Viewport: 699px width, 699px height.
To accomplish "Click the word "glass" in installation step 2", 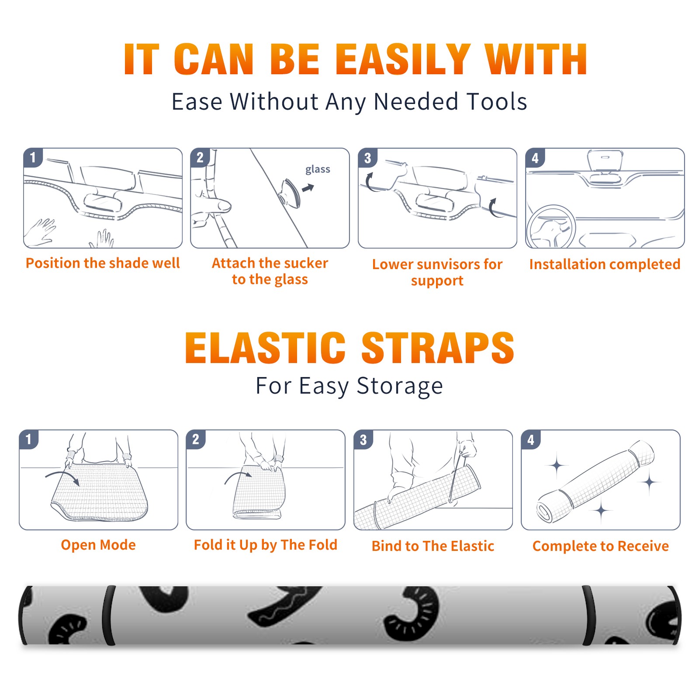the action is [318, 170].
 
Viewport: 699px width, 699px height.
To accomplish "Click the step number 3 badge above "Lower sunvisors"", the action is [367, 158].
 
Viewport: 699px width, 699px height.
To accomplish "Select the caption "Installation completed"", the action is [605, 264].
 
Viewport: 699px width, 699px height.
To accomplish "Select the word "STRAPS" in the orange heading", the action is [438, 348].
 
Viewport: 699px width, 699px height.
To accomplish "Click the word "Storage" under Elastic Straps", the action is [400, 387].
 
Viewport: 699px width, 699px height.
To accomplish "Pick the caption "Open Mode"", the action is [98, 545].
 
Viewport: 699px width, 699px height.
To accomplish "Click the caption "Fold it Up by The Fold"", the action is [266, 545].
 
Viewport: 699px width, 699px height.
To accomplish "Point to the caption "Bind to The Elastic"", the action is [433, 546].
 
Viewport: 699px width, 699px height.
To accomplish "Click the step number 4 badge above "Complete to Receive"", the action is [531, 439].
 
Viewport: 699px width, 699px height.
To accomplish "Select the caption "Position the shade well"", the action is [103, 263].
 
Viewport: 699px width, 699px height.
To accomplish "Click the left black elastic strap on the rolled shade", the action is [109, 615].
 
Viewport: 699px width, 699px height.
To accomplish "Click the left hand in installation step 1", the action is [40, 232].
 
